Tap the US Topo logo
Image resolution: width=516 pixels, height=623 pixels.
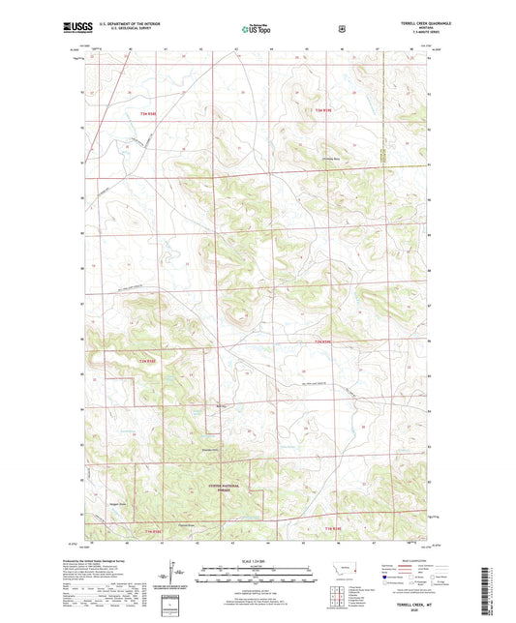(x=257, y=29)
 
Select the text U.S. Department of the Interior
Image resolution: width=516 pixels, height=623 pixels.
(x=128, y=23)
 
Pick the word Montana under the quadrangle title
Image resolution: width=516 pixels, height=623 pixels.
(x=427, y=28)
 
